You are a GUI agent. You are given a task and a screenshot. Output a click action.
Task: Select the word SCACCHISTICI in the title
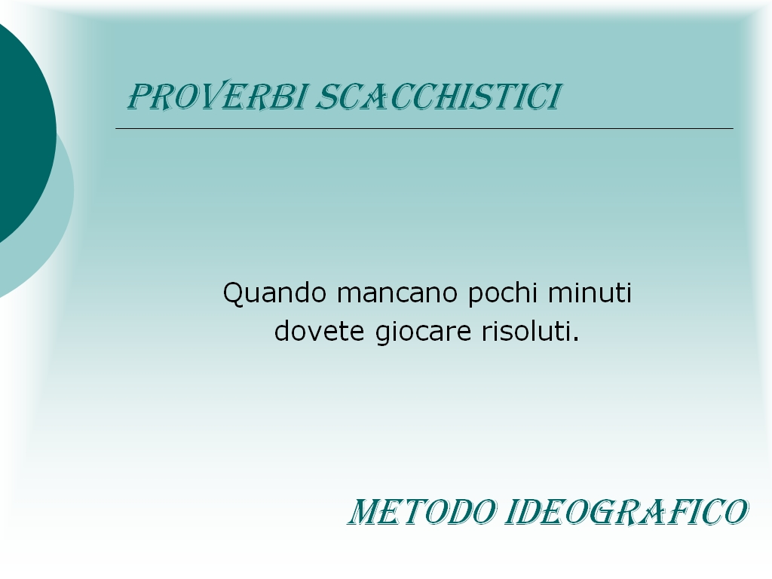coord(438,96)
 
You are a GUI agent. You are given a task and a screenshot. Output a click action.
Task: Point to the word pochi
coord(503,293)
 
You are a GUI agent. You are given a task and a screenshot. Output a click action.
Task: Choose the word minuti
coord(590,293)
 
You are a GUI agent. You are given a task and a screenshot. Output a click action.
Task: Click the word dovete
coord(319,330)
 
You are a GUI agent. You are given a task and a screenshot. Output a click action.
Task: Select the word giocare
coord(424,332)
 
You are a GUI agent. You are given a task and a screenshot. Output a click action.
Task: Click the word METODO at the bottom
coord(422,512)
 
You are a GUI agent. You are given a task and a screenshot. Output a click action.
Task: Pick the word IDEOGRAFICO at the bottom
coord(626,512)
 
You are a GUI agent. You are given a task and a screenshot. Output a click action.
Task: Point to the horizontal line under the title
coord(424,128)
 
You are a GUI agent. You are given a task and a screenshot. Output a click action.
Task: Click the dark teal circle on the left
coord(25,133)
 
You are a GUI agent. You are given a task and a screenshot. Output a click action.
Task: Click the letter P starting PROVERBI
coord(139,96)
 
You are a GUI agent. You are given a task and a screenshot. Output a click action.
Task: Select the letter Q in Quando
coord(233,295)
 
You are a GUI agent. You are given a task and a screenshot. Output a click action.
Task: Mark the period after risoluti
coord(575,340)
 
